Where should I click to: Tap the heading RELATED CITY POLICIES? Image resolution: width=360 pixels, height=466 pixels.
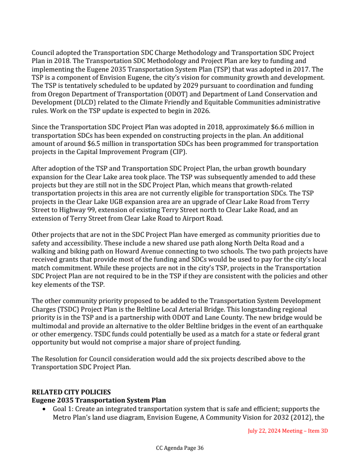(x=71, y=392)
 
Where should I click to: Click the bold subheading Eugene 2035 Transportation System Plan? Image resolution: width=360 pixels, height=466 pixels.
(x=99, y=400)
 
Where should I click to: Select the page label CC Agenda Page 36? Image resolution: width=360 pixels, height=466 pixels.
(x=180, y=448)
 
